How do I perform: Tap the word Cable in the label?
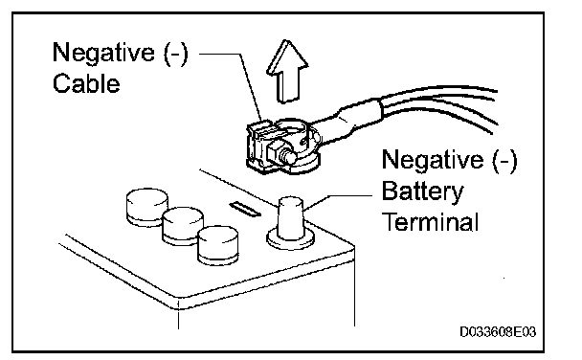pos(86,83)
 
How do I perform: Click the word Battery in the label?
pos(422,191)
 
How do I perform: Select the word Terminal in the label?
pos(430,222)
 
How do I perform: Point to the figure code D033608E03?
pos(498,331)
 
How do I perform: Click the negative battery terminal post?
pos(291,218)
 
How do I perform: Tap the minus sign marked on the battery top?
pos(245,209)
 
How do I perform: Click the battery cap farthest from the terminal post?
pos(147,207)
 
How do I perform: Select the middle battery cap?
pos(183,226)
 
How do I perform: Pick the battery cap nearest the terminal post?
pos(218,245)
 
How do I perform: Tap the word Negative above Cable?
pos(103,53)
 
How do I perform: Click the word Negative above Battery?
pos(433,160)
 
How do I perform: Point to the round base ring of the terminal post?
pos(291,243)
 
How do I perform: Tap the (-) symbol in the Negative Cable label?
pos(176,53)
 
